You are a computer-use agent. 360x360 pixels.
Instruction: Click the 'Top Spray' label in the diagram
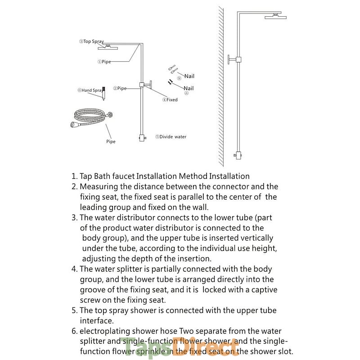point(93,41)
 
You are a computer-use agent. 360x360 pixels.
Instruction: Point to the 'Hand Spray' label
point(90,90)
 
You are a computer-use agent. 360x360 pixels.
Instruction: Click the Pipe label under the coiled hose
point(111,142)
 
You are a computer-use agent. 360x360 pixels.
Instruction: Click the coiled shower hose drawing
point(90,119)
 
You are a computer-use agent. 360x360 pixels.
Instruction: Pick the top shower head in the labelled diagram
point(110,46)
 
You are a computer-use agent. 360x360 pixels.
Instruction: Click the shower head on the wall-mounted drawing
point(275,17)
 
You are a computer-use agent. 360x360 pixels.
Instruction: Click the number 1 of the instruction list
point(74,176)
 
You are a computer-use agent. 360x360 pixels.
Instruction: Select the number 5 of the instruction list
point(74,310)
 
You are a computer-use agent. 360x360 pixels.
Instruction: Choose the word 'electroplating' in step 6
point(104,331)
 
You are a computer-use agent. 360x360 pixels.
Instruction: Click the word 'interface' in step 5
point(96,321)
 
